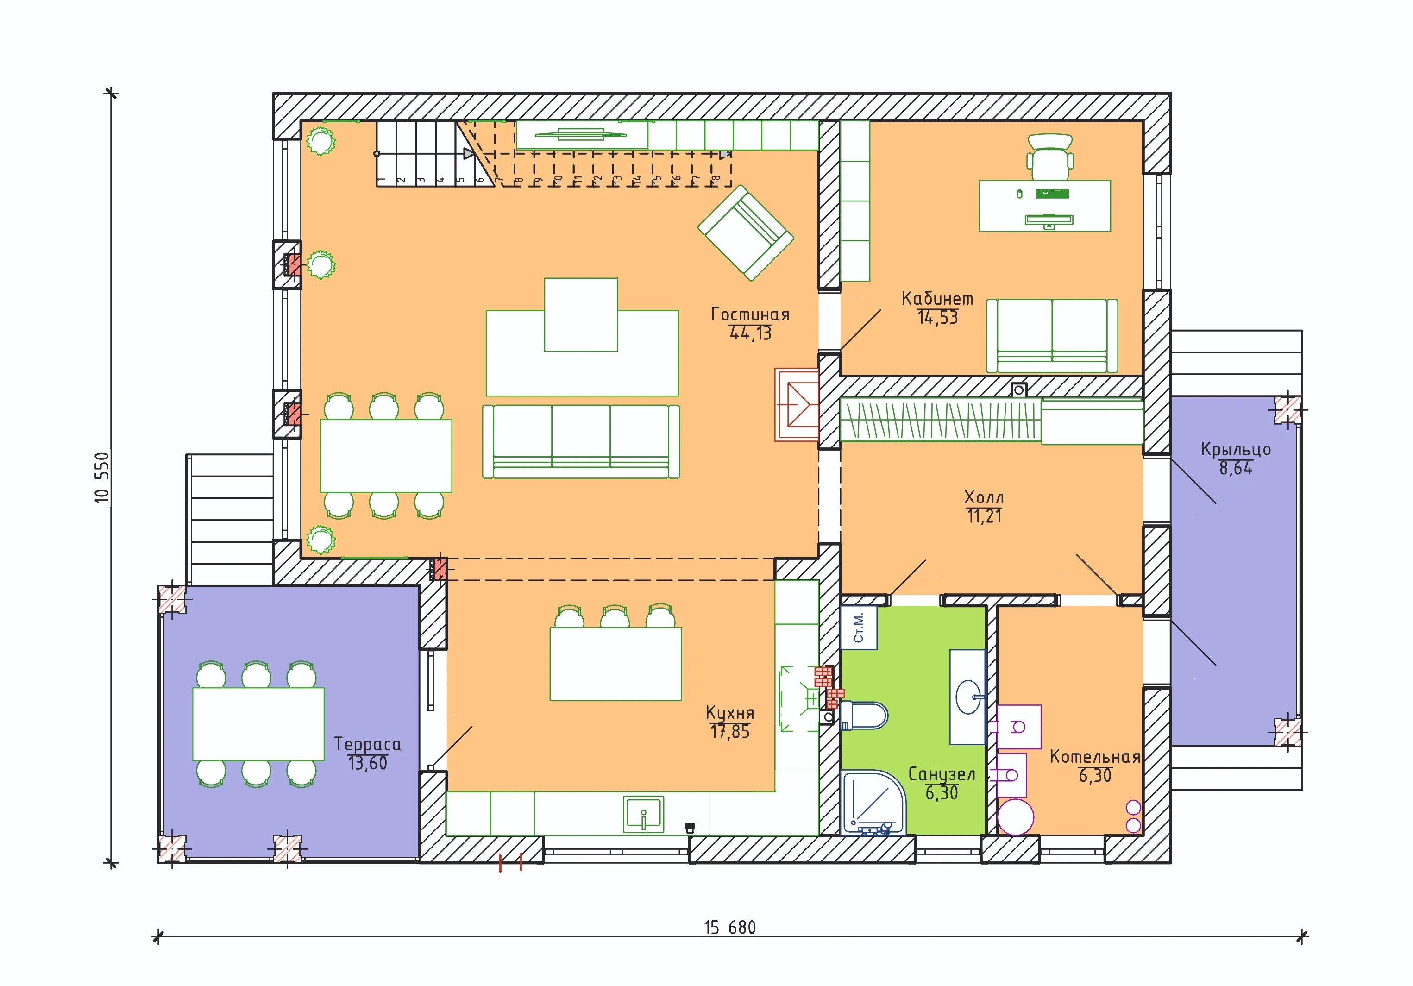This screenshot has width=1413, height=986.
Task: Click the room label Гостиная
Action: (x=750, y=314)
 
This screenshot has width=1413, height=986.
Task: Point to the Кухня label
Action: (x=730, y=713)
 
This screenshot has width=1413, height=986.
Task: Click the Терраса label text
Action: (x=367, y=745)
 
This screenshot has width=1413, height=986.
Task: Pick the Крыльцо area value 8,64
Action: (x=1236, y=468)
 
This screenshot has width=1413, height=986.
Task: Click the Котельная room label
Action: (x=1095, y=756)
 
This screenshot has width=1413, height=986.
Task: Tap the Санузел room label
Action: (x=942, y=774)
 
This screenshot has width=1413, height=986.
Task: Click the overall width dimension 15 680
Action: (x=730, y=928)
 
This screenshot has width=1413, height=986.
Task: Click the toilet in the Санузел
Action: (x=863, y=715)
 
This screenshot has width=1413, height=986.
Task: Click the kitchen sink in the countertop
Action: (x=644, y=814)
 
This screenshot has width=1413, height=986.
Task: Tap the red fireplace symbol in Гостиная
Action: (x=797, y=404)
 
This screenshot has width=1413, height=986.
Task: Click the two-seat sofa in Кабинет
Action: (x=1052, y=336)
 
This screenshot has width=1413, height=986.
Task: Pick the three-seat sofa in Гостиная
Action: (x=581, y=441)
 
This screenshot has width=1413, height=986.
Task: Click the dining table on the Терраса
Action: (x=258, y=724)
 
